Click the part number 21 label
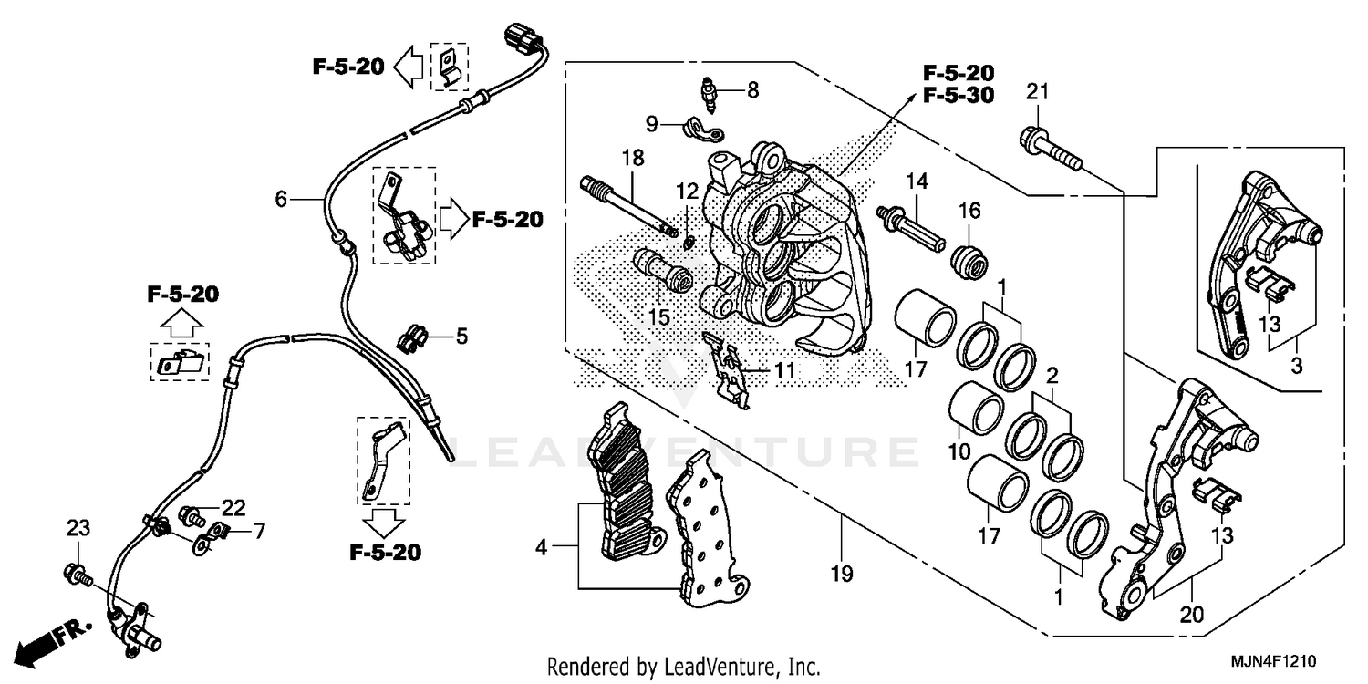point(1037,92)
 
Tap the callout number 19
point(841,574)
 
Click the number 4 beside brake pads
point(541,548)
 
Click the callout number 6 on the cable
point(281,198)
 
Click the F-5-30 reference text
point(958,95)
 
